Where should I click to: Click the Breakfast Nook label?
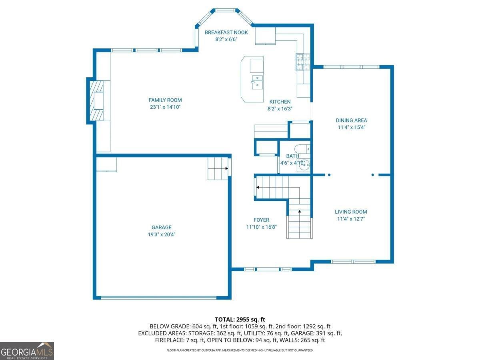pos(226,32)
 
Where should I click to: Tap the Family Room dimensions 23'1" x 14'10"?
pos(165,107)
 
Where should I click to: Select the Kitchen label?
pos(280,102)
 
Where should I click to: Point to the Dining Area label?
pos(352,120)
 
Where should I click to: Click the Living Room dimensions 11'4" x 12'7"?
pos(351,219)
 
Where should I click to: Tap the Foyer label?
pos(261,220)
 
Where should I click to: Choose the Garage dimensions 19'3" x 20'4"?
pos(162,234)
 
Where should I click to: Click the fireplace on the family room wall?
pos(96,100)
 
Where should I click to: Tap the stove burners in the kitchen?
pos(303,62)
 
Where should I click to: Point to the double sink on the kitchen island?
pos(257,82)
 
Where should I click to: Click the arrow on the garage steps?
pos(226,168)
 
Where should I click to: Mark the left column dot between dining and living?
pos(329,175)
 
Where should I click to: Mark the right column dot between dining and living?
pos(373,175)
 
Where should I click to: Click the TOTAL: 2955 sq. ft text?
pos(240,320)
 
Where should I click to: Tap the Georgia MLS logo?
pos(27,351)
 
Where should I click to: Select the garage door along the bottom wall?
pos(158,298)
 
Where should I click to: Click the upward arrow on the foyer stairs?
pos(300,211)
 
